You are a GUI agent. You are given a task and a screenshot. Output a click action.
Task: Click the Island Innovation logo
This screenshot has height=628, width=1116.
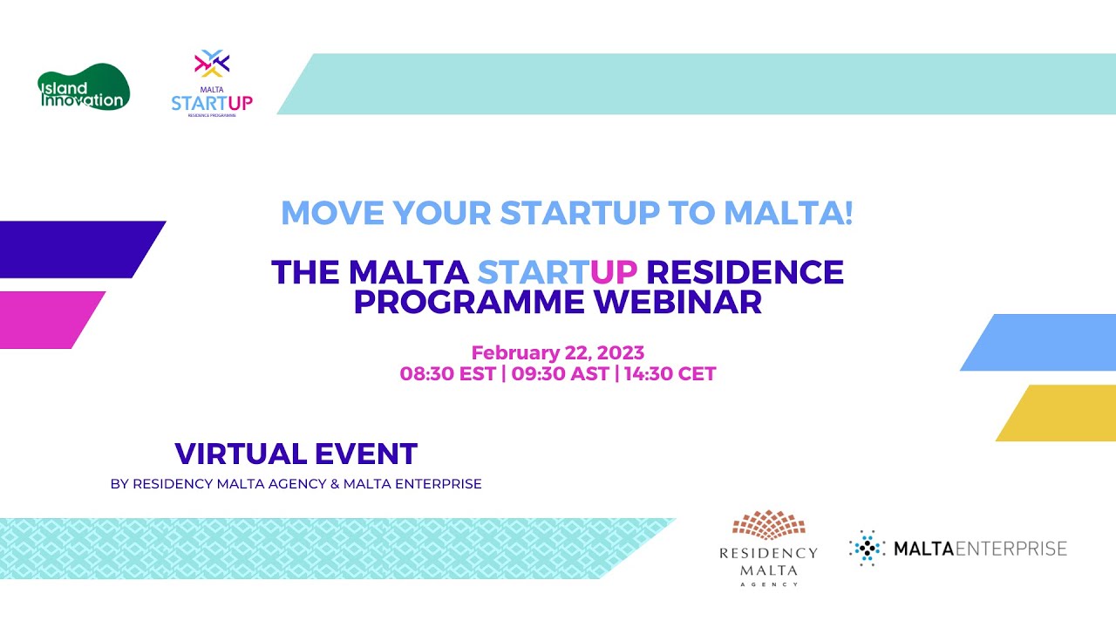pyautogui.click(x=83, y=88)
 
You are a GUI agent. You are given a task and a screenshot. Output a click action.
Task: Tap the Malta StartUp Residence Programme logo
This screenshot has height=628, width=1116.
pyautogui.click(x=212, y=85)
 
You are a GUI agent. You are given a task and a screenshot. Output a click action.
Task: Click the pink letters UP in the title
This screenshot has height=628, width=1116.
pyautogui.click(x=614, y=272)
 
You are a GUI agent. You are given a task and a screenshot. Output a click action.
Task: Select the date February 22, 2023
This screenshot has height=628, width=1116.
pyautogui.click(x=557, y=353)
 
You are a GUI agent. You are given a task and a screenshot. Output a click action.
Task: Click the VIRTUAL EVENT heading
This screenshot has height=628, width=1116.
pyautogui.click(x=296, y=454)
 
